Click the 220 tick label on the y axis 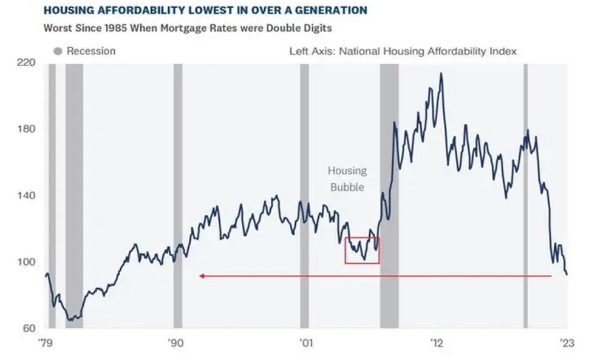29,63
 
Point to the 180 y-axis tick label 29,129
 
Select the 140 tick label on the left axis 29,196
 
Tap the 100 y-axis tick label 29,262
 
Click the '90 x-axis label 175,343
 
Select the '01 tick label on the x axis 305,343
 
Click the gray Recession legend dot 58,52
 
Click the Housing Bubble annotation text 347,179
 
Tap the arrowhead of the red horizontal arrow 202,276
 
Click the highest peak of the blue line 440,73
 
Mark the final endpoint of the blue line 567,275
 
